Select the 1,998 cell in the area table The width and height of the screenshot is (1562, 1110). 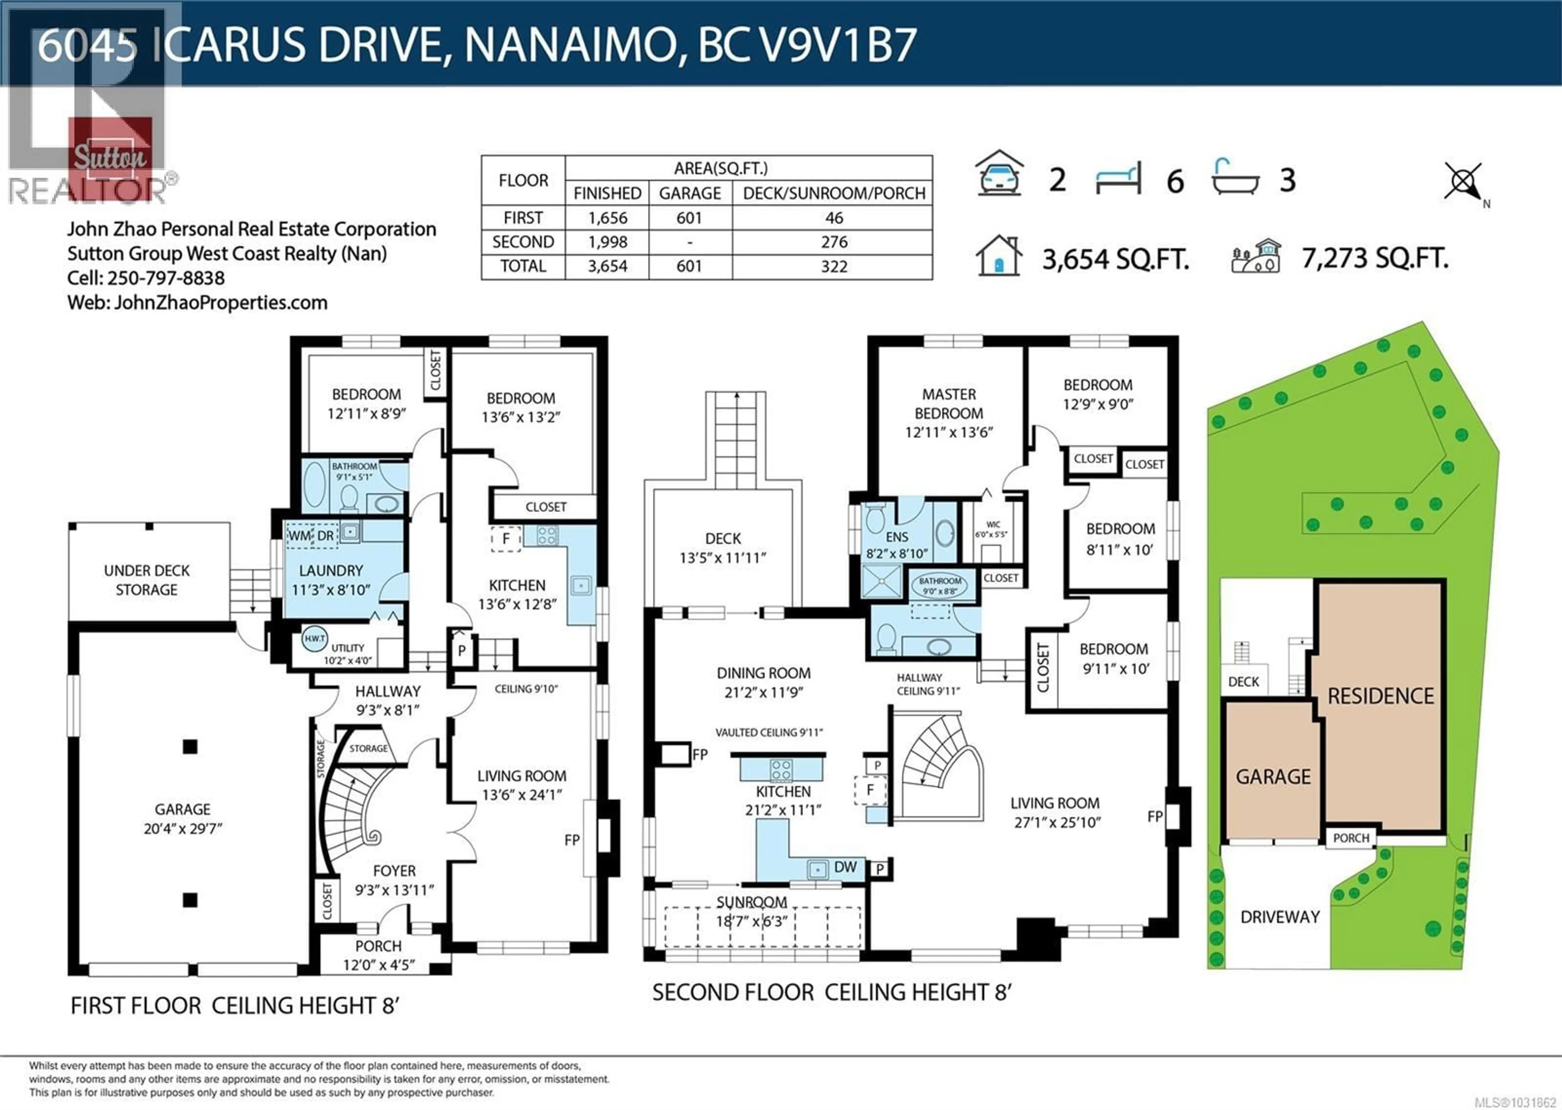coord(607,242)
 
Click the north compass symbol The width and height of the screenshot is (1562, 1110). coord(1463,182)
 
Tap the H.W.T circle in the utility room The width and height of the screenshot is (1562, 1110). coord(314,639)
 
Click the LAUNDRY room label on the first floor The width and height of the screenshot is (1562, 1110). coord(331,571)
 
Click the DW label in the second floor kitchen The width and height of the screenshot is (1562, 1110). coord(845,867)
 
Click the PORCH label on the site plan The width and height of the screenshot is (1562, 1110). coord(1351,838)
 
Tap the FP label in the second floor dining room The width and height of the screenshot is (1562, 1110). coord(699,755)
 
